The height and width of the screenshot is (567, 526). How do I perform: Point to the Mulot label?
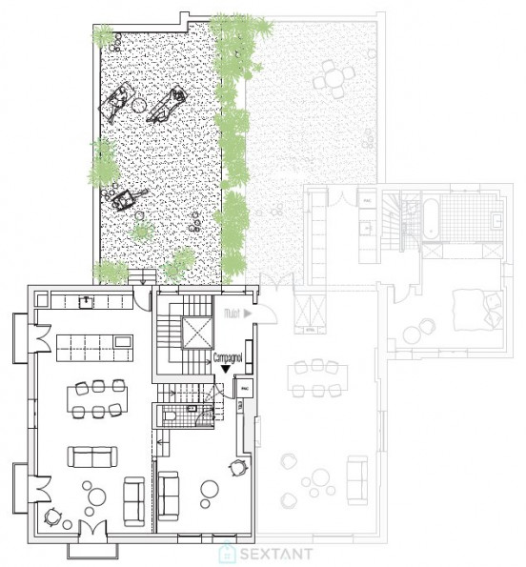(231, 312)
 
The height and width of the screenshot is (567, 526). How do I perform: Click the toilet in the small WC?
(171, 416)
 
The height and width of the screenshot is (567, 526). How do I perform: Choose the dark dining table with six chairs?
(97, 397)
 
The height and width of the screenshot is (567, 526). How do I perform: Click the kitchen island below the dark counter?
(92, 344)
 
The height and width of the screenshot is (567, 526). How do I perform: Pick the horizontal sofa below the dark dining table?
(91, 456)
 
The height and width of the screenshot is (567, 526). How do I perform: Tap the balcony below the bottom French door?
(92, 547)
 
